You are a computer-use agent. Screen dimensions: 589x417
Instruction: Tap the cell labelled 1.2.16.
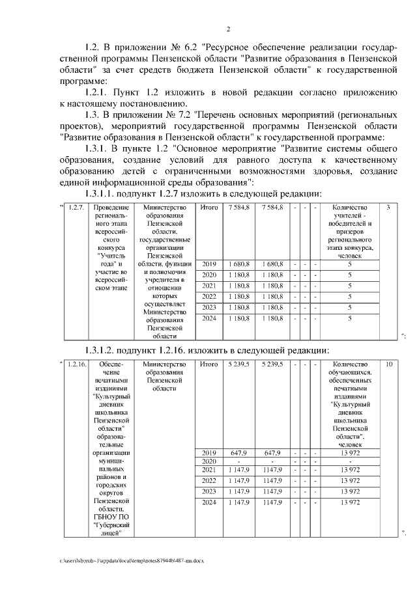tap(77, 364)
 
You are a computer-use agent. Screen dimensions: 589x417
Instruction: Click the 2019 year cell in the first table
tap(209, 264)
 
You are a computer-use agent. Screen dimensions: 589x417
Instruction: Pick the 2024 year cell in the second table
tap(209, 502)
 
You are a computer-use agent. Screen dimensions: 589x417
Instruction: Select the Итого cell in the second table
tap(209, 364)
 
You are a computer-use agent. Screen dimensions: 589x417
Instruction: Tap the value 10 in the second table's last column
tap(388, 364)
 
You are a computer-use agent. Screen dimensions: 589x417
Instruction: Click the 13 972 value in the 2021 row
tap(350, 469)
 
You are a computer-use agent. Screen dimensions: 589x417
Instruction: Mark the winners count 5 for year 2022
tap(350, 296)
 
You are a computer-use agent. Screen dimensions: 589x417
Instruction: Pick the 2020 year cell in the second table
tap(209, 461)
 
